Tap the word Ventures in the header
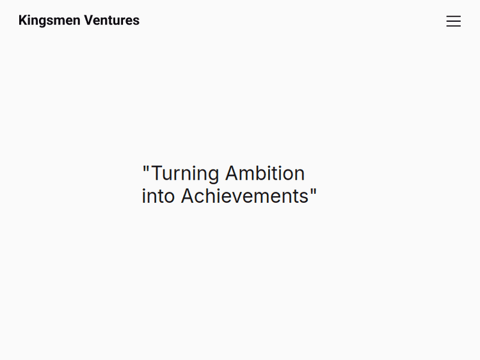pyautogui.click(x=112, y=20)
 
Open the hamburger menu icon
pyautogui.click(x=453, y=21)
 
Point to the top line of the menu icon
pyautogui.click(x=453, y=17)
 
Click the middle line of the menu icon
pyautogui.click(x=453, y=21)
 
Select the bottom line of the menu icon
pyautogui.click(x=453, y=26)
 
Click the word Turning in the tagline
pyautogui.click(x=185, y=174)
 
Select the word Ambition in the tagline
pyautogui.click(x=264, y=173)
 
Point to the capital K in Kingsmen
pyautogui.click(x=23, y=20)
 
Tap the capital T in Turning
pyautogui.click(x=157, y=173)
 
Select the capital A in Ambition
pyautogui.click(x=232, y=173)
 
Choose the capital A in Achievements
pyautogui.click(x=188, y=196)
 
